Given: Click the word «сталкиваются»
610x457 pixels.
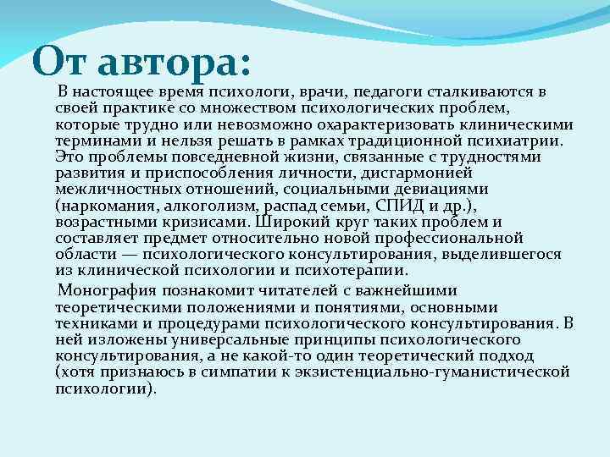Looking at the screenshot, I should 482,92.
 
